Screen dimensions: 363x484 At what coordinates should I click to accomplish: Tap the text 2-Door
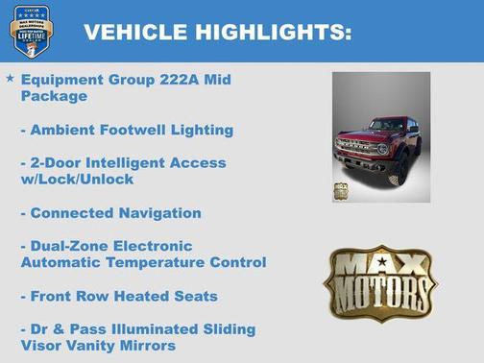60,162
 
